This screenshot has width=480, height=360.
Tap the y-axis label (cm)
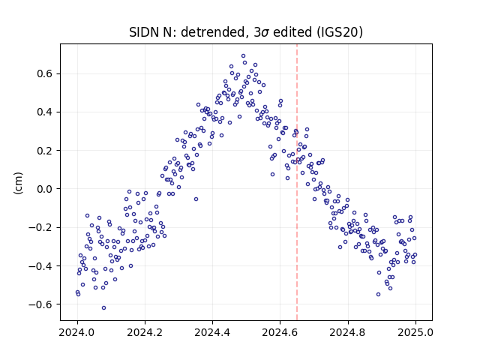tap(18, 183)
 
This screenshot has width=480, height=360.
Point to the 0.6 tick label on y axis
tap(45, 73)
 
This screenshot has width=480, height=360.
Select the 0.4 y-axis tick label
tap(45, 112)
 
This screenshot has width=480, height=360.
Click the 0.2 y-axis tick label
tap(45, 151)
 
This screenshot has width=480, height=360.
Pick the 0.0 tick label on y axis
tap(45, 189)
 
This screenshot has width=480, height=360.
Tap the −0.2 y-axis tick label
tap(40, 227)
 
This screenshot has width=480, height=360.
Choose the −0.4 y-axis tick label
tap(40, 265)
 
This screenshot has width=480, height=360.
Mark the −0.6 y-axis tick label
tap(40, 304)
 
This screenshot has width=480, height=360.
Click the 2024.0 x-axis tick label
tap(77, 332)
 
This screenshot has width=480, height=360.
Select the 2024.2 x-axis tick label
tap(145, 332)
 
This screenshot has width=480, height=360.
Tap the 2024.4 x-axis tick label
tap(212, 332)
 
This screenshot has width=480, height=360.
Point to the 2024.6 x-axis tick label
tap(280, 332)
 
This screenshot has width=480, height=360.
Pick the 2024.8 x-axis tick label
tap(348, 332)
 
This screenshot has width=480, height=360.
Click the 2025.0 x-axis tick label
tap(415, 332)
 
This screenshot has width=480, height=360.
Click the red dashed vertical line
tap(297, 182)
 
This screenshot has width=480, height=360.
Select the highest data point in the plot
tap(243, 56)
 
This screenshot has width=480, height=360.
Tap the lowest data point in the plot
tap(103, 308)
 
